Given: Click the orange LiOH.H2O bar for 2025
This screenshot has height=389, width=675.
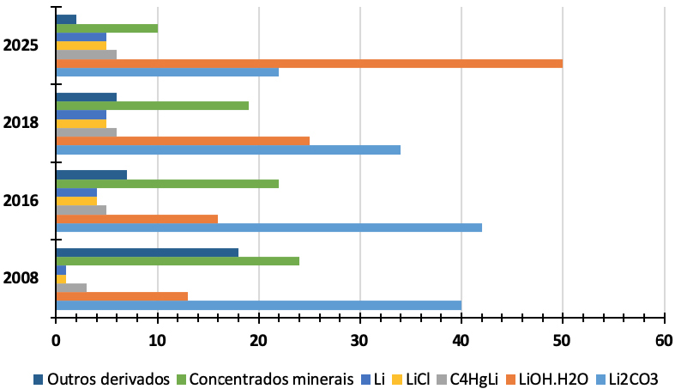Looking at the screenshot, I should [x=309, y=63].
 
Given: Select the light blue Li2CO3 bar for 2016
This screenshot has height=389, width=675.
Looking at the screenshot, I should [x=268, y=228].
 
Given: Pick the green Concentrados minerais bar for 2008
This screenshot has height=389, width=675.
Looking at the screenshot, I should [x=178, y=261].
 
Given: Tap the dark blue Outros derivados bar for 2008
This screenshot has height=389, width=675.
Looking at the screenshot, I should [x=147, y=252].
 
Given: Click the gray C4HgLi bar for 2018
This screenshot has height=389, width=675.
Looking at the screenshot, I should [x=86, y=132].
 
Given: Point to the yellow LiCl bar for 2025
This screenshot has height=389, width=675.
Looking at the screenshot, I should [x=81, y=46].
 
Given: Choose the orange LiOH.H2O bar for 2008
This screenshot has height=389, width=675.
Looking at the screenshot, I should [x=122, y=296].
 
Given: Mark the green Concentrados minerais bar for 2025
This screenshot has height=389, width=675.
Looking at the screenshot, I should [x=106, y=27].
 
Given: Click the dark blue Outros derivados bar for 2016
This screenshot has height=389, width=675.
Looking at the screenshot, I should [x=91, y=175].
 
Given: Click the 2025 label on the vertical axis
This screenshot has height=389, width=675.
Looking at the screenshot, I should [x=20, y=46].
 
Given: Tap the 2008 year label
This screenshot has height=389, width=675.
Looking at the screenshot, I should [x=20, y=279].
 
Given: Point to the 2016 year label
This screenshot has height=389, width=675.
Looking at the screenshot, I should [x=20, y=201].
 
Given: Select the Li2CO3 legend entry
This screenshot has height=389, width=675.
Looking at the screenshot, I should [x=634, y=379].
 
